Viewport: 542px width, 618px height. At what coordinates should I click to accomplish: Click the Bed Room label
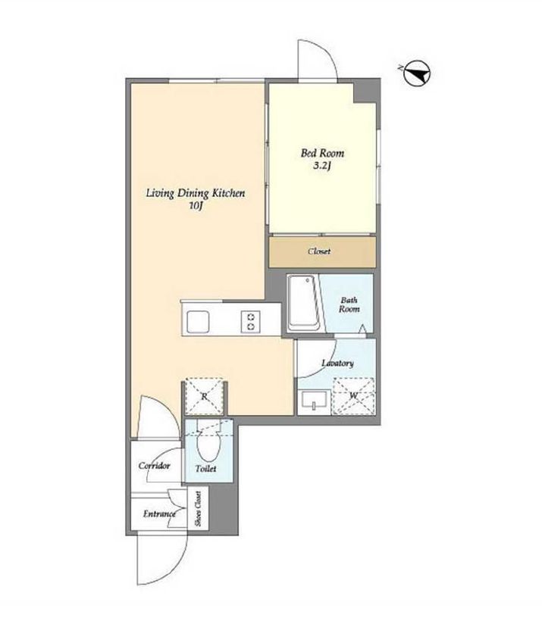322,153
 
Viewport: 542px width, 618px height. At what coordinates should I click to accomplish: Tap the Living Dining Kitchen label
196,193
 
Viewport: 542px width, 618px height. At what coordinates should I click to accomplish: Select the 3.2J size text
322,166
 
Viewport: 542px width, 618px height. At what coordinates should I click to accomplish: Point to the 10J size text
196,205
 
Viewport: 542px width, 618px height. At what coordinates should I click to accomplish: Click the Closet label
319,251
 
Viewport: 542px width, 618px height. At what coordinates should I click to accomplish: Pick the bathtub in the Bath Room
304,303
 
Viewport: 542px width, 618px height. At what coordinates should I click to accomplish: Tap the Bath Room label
349,304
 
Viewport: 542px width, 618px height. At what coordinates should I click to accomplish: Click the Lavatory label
337,363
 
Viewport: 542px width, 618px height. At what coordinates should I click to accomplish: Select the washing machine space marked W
353,395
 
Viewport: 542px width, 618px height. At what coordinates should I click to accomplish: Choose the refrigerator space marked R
205,397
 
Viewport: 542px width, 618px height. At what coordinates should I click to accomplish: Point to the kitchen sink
198,322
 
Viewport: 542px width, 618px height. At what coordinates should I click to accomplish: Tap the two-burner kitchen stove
250,321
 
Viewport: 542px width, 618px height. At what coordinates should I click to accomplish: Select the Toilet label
206,469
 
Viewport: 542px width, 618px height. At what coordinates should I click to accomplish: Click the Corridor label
154,466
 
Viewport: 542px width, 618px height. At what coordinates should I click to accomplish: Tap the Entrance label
159,514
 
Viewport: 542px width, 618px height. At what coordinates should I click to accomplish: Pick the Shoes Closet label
198,508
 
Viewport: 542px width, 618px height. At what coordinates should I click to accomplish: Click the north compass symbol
417,73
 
